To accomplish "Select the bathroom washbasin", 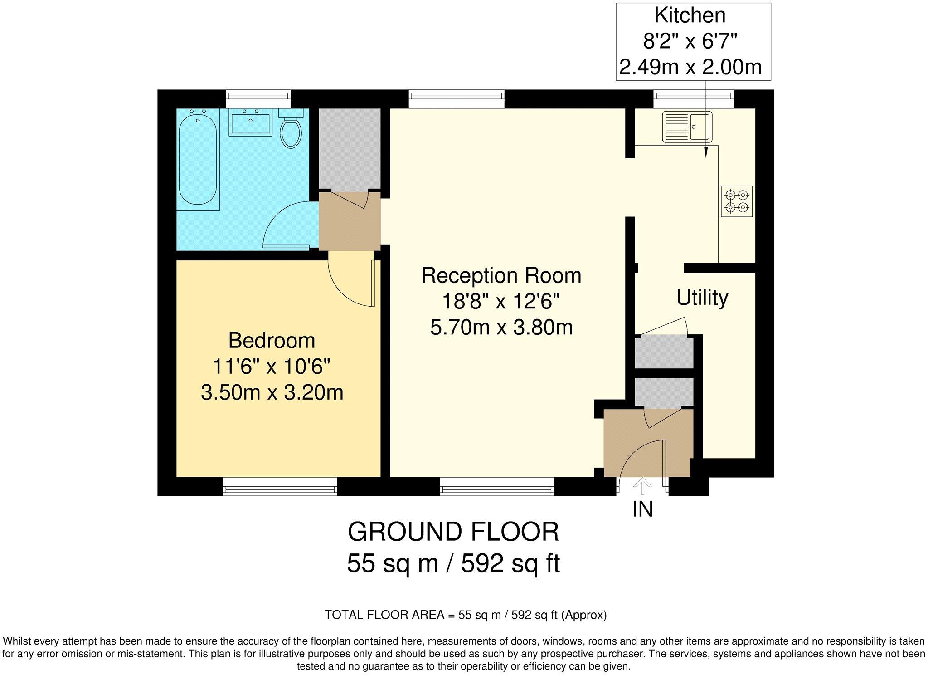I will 250,122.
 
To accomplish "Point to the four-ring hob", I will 736,201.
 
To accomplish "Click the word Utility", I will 702,298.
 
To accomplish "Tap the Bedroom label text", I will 272,340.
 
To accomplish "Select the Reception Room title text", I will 501,275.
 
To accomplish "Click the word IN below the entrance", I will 642,509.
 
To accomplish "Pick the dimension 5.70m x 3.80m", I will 501,327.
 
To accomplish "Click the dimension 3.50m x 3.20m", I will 272,392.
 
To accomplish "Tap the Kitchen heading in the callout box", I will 690,15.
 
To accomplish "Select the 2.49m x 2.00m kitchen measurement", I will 690,68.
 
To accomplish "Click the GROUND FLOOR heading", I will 453,532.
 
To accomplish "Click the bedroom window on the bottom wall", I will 280,489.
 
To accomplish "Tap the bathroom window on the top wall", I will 258,96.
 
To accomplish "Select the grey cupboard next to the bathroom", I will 349,148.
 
